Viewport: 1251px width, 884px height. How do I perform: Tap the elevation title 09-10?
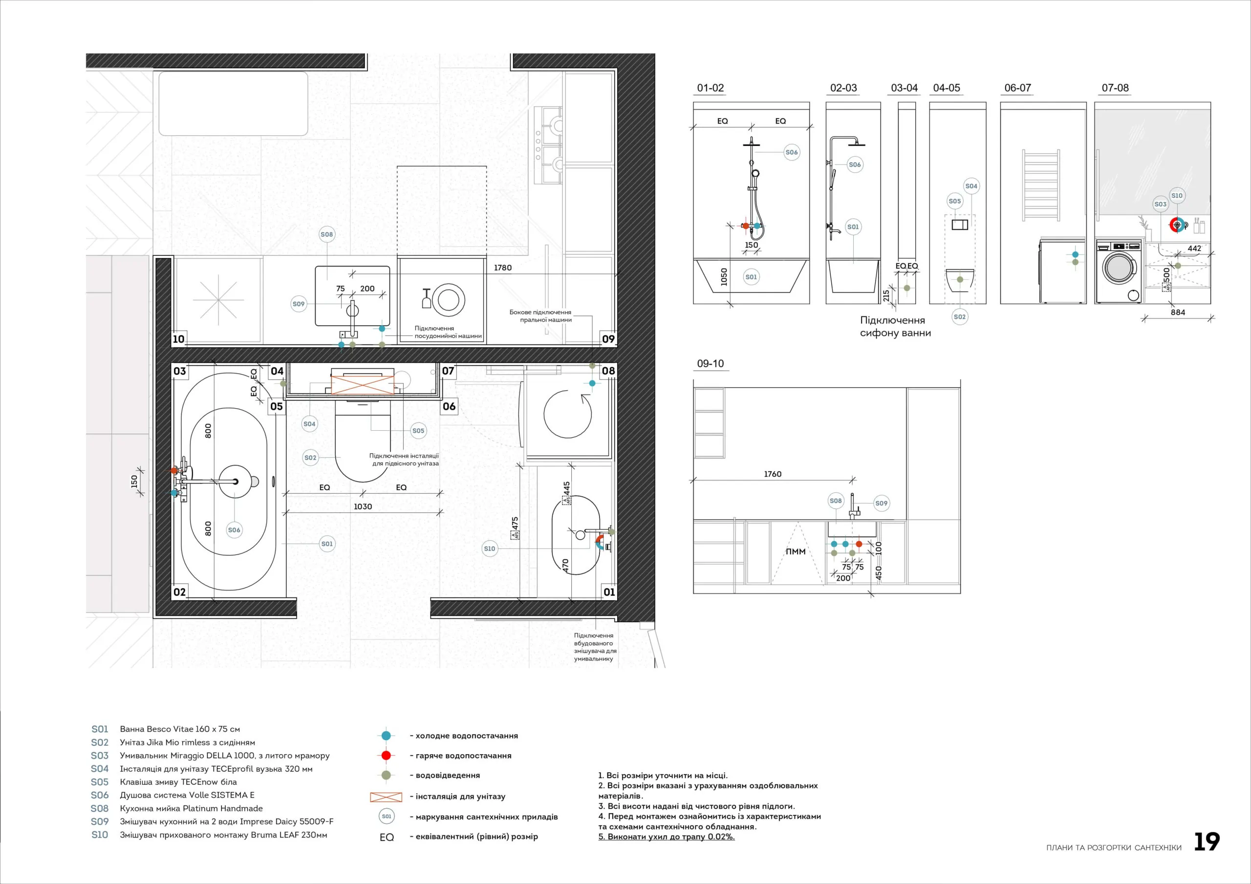pos(711,364)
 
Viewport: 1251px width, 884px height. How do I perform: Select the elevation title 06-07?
pos(1018,88)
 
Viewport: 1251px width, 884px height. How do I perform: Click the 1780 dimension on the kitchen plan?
pos(503,268)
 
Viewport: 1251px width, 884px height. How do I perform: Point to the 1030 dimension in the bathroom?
pos(363,506)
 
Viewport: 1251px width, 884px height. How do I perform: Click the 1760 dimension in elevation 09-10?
pos(773,474)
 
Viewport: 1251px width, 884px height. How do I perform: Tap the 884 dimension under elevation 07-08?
pos(1178,313)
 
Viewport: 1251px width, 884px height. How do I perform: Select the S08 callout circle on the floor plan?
pos(326,235)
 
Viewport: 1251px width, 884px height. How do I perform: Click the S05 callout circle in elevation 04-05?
pos(954,201)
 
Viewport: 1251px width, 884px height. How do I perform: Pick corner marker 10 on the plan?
pos(179,339)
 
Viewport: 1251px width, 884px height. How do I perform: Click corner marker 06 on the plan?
pos(449,406)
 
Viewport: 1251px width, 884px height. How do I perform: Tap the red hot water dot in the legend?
pos(387,756)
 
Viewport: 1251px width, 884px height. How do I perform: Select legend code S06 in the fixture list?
pos(100,795)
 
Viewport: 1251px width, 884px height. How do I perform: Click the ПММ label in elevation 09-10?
pos(796,552)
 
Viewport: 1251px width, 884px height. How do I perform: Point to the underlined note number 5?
pos(602,837)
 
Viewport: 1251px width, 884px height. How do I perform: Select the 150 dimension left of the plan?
pos(134,482)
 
